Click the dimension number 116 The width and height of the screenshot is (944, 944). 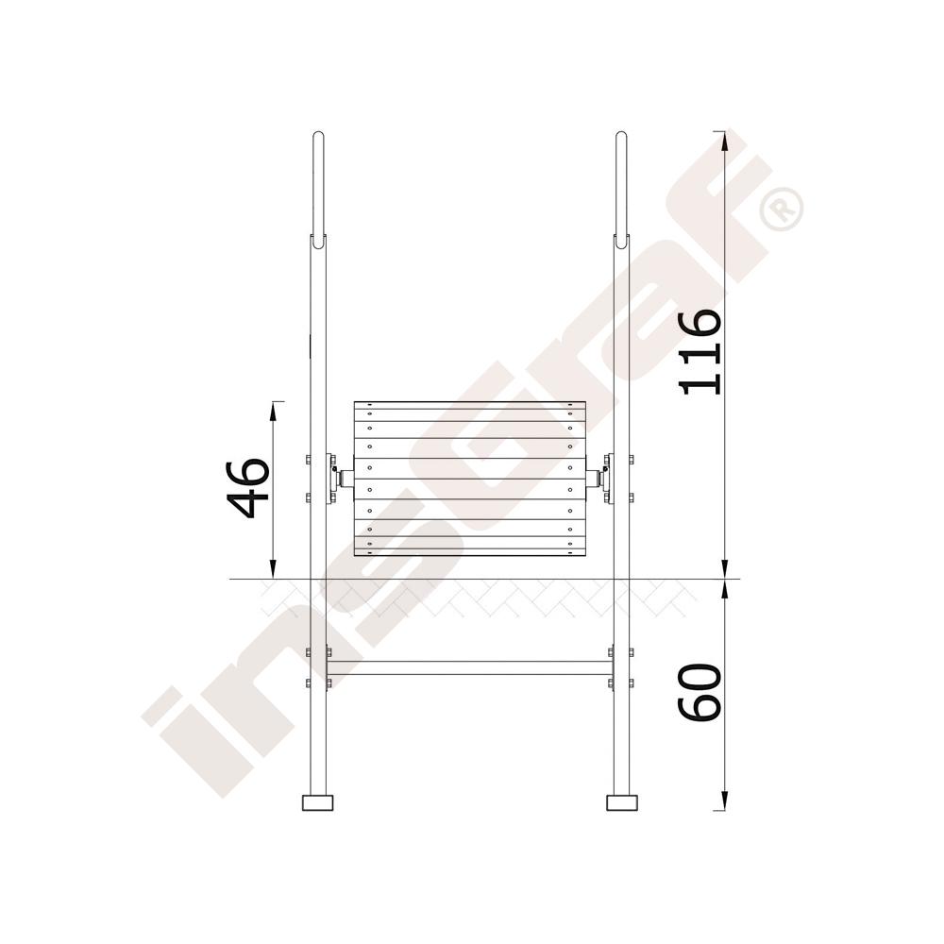pyautogui.click(x=700, y=351)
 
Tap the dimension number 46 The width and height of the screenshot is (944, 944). pyautogui.click(x=245, y=488)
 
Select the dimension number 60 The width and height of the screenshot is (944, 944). pyautogui.click(x=700, y=692)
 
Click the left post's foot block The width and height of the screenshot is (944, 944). pyautogui.click(x=317, y=802)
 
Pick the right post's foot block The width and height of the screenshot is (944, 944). pyautogui.click(x=622, y=802)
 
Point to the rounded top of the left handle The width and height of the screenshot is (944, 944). pyautogui.click(x=318, y=134)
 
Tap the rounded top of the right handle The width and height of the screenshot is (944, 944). pyautogui.click(x=621, y=134)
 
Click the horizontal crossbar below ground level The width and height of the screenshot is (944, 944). pyautogui.click(x=469, y=667)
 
